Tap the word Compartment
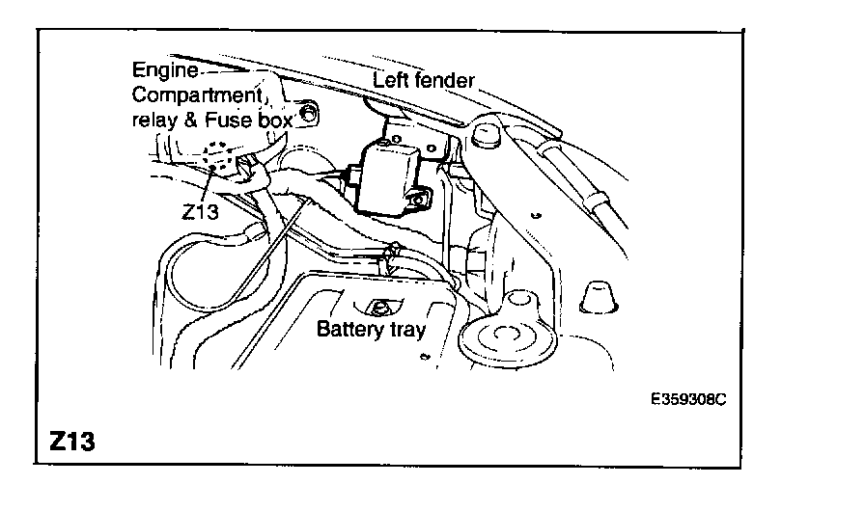point(195,95)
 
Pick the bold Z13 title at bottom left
point(71,443)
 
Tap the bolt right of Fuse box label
point(307,115)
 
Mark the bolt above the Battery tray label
point(378,309)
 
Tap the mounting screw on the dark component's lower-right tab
point(419,202)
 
